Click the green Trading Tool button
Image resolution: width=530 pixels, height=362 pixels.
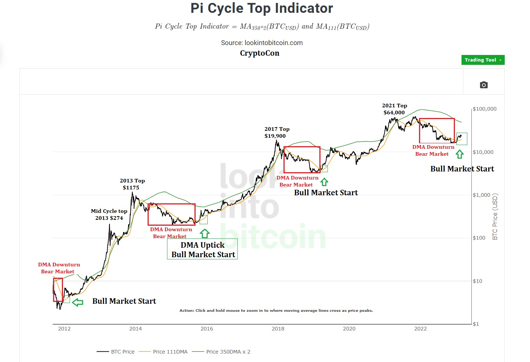pyautogui.click(x=482, y=60)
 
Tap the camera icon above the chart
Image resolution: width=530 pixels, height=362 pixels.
pyautogui.click(x=483, y=85)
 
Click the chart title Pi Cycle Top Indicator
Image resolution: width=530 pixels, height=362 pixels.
pyautogui.click(x=262, y=8)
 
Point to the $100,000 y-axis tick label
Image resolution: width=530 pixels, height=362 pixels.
pyautogui.click(x=484, y=109)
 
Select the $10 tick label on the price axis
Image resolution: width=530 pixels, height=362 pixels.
pyautogui.click(x=477, y=281)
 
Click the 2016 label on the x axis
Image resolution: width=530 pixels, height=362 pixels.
pyautogui.click(x=207, y=329)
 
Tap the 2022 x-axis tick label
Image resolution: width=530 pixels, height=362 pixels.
pyautogui.click(x=420, y=329)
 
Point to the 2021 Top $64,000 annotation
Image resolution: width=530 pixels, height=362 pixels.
pyautogui.click(x=394, y=109)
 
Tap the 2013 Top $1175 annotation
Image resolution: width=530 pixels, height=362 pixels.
pyautogui.click(x=132, y=184)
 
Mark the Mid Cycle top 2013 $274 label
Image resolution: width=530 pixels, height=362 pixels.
pyautogui.click(x=109, y=215)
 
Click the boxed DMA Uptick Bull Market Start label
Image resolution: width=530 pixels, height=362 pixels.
pyautogui.click(x=203, y=250)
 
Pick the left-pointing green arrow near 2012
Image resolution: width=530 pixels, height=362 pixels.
pyautogui.click(x=78, y=302)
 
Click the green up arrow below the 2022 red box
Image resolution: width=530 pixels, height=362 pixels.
pyautogui.click(x=460, y=155)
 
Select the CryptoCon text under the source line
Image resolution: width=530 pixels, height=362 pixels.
pyautogui.click(x=259, y=53)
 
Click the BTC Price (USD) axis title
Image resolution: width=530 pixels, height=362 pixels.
pyautogui.click(x=495, y=217)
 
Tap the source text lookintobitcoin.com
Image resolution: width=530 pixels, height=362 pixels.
pyautogui.click(x=262, y=43)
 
